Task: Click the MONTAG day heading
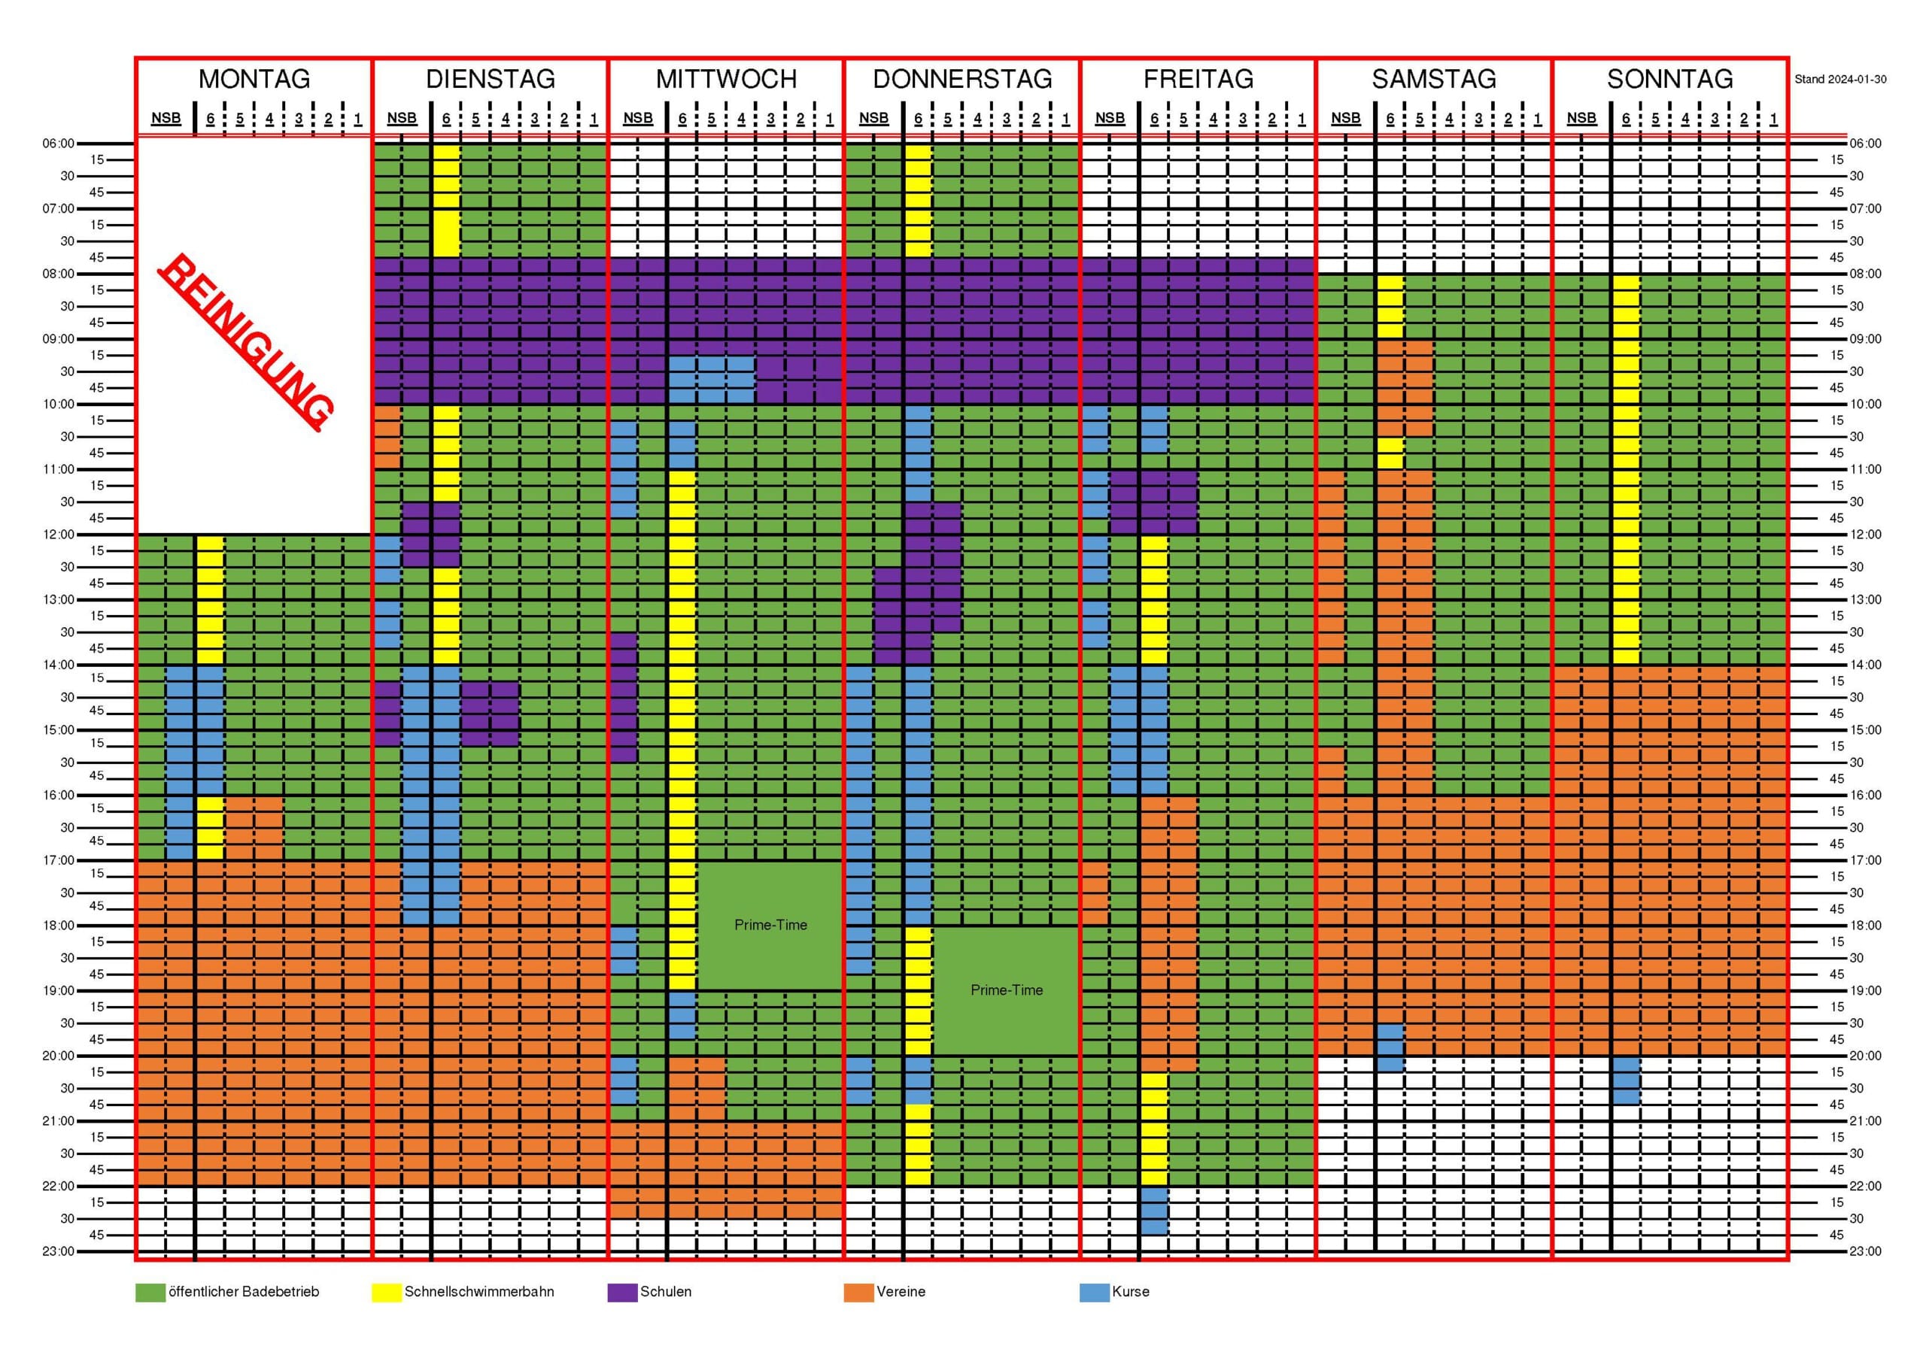(254, 79)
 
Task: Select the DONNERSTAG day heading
(962, 79)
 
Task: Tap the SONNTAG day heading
(1669, 79)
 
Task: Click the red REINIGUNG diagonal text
(246, 342)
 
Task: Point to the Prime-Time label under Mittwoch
(770, 925)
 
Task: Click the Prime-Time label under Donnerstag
(1007, 990)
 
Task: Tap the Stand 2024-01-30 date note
(1840, 80)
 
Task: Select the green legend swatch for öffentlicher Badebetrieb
(150, 1293)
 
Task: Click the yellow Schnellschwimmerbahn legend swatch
(387, 1293)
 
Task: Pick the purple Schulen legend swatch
(622, 1293)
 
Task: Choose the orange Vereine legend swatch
(859, 1293)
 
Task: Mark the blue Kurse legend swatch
(1095, 1293)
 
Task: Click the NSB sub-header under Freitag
(1110, 118)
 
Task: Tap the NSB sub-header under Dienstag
(402, 118)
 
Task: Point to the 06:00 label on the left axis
(59, 144)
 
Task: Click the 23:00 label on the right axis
(1865, 1251)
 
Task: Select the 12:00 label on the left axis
(59, 534)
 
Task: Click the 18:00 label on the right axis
(1865, 926)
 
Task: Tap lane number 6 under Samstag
(1391, 119)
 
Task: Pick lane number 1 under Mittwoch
(830, 119)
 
